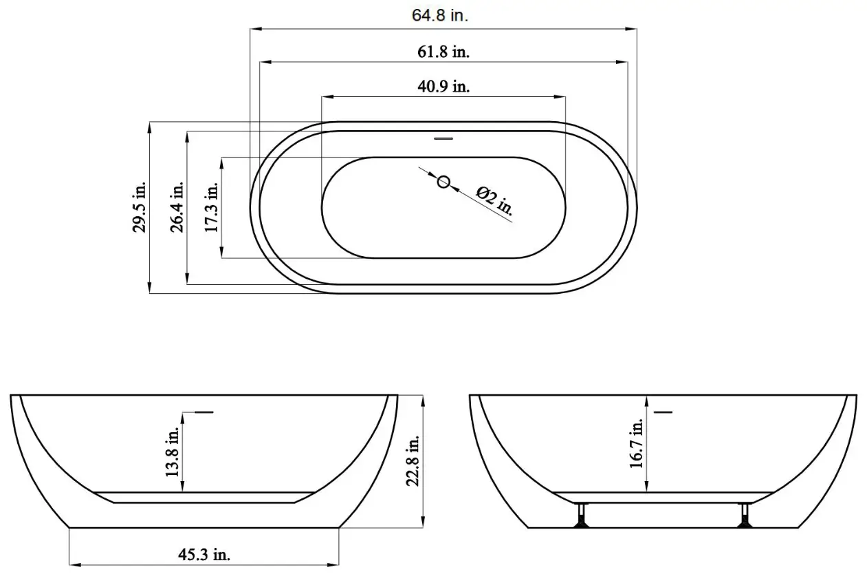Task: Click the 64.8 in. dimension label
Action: (440, 16)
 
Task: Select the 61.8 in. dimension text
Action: (443, 52)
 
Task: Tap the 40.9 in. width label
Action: (443, 87)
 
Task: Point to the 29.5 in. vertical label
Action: (140, 207)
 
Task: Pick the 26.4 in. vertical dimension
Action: (177, 207)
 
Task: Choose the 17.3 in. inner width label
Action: (212, 207)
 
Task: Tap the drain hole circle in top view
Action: (444, 182)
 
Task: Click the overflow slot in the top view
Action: (444, 138)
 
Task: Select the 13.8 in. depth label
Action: (173, 451)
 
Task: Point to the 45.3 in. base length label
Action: (205, 555)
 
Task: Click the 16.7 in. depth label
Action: (637, 445)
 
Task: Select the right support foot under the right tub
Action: (744, 516)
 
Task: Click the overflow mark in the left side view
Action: (204, 412)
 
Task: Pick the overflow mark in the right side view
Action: (663, 412)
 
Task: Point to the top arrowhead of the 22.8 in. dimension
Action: (422, 398)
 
